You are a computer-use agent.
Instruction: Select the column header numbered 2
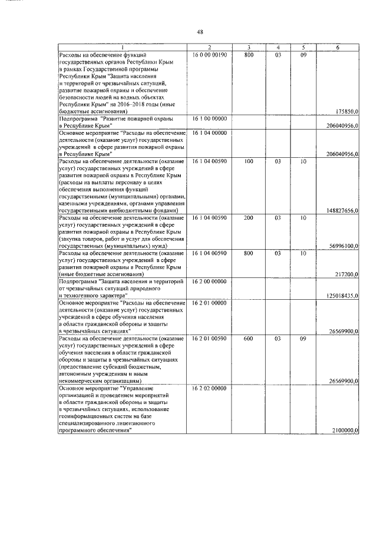coord(209,47)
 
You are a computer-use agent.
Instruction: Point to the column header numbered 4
coord(277,47)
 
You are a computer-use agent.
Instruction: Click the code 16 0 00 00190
coord(209,54)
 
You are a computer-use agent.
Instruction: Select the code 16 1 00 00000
coord(209,118)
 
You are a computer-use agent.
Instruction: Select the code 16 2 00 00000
coord(209,282)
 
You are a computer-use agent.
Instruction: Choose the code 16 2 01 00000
coord(209,303)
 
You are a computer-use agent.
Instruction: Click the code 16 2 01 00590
coord(209,339)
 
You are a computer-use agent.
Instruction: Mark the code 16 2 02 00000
coord(209,388)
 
